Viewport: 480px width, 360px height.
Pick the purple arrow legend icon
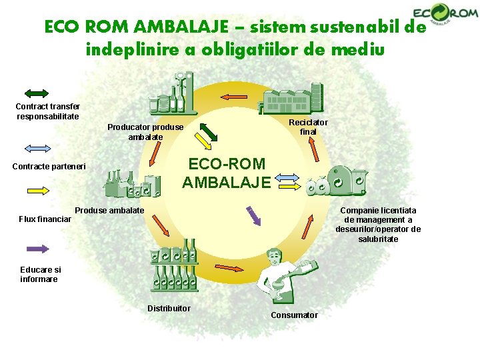pyautogui.click(x=37, y=249)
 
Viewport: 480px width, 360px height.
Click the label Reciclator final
pyautogui.click(x=308, y=127)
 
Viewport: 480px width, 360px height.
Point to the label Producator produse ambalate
pyautogui.click(x=145, y=132)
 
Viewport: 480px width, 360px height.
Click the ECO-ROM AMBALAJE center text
pyautogui.click(x=226, y=173)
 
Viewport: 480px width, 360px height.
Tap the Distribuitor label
pyautogui.click(x=169, y=308)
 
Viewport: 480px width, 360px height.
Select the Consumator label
pyautogui.click(x=294, y=315)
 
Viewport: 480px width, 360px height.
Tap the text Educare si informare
pyautogui.click(x=39, y=275)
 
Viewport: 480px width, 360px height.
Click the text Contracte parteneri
pyautogui.click(x=49, y=166)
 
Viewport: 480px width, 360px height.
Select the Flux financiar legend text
pyautogui.click(x=45, y=219)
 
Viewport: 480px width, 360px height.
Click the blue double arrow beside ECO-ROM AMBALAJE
pyautogui.click(x=288, y=178)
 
